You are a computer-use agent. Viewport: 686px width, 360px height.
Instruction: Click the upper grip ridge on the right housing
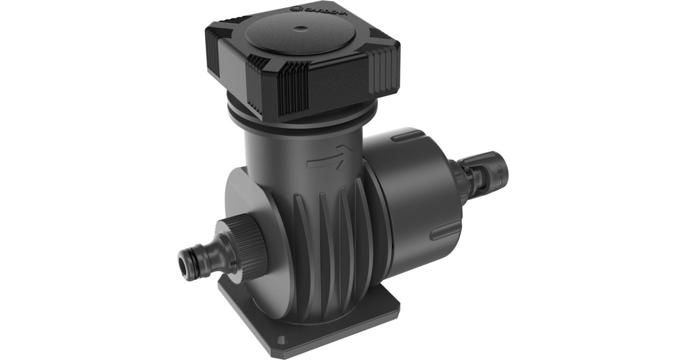[406, 137]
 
